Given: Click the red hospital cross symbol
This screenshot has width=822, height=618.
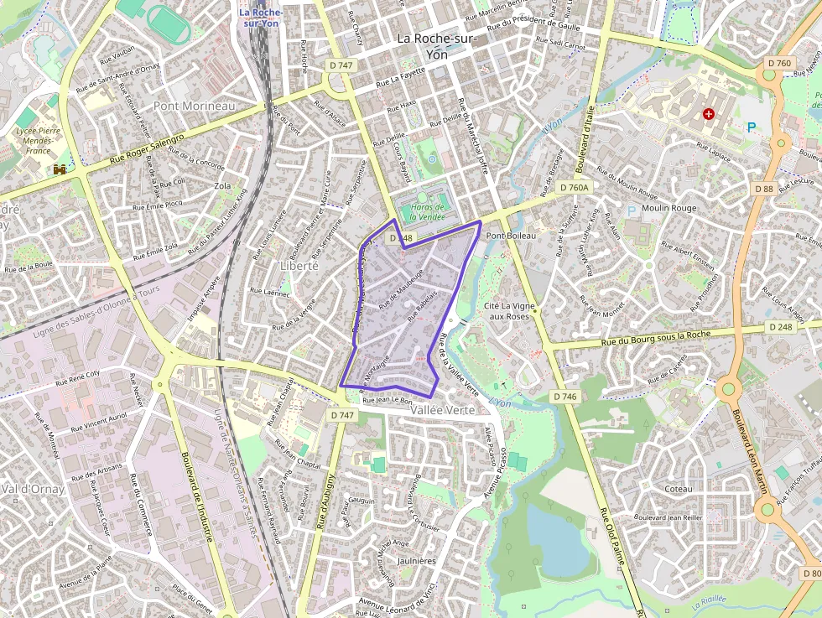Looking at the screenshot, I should (x=710, y=113).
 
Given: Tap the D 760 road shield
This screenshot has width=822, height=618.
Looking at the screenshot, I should (x=779, y=64).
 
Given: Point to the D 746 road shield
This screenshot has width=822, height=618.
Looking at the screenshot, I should (x=564, y=396).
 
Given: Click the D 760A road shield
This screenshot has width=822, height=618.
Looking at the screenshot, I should (x=575, y=188).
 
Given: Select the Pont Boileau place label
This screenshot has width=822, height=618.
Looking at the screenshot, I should (x=510, y=236).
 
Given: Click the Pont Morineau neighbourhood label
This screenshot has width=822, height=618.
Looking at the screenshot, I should (x=195, y=106).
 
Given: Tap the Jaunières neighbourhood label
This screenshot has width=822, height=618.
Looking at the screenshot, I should (x=416, y=560).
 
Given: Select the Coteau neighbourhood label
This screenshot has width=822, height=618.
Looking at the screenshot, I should (x=678, y=488).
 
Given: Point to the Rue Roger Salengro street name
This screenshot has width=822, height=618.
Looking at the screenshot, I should (x=147, y=148).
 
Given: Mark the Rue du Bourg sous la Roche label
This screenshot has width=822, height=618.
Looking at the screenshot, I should (x=656, y=336).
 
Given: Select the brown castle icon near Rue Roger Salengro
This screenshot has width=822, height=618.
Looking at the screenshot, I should (x=60, y=169).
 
